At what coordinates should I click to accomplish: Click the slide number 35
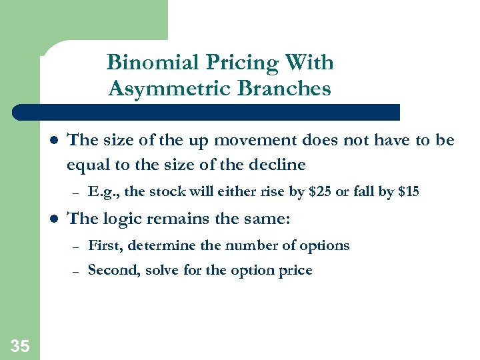[20, 345]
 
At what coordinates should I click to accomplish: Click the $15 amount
[408, 193]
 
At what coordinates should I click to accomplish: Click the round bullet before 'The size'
[54, 141]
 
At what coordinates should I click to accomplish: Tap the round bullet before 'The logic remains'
[54, 219]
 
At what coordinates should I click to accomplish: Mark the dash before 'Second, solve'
[76, 271]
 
